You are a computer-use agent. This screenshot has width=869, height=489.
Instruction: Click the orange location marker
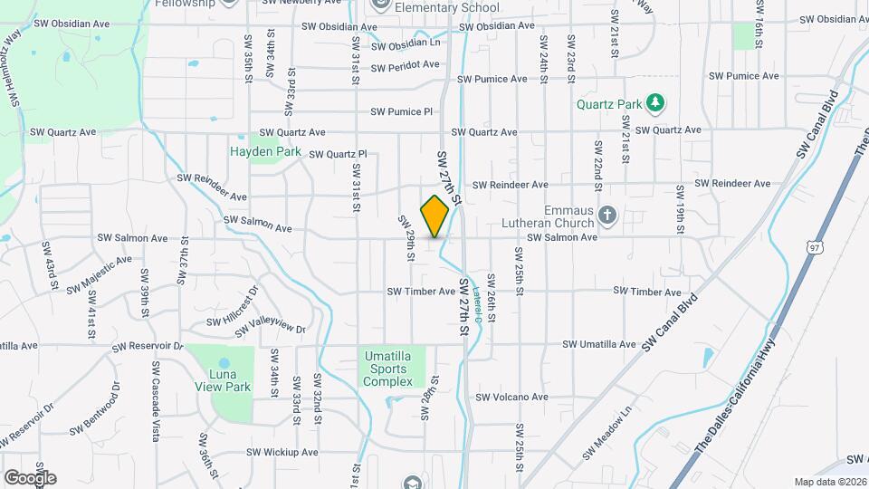pyautogui.click(x=434, y=216)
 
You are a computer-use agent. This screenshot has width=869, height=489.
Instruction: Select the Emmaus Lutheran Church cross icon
pyautogui.click(x=607, y=216)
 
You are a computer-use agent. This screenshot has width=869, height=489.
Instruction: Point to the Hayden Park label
pyautogui.click(x=264, y=152)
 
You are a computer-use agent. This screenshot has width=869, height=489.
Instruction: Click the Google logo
pyautogui.click(x=29, y=477)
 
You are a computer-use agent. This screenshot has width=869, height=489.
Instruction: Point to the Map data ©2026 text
pyautogui.click(x=830, y=482)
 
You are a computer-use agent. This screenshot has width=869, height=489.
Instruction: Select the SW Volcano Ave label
pyautogui.click(x=512, y=397)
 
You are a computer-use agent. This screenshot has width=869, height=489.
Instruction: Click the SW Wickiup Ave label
pyautogui.click(x=283, y=452)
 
